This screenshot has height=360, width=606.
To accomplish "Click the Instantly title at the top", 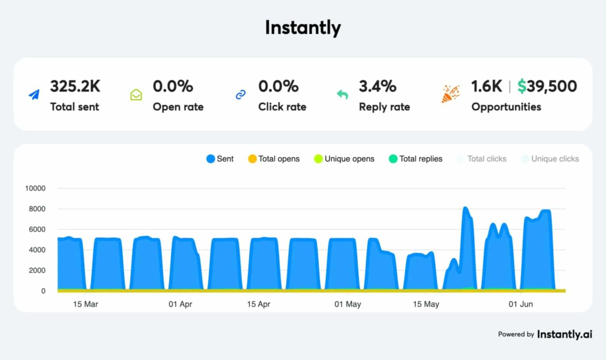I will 303,28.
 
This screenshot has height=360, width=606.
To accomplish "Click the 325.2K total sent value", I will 75,86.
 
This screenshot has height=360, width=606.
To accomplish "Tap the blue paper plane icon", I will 34,95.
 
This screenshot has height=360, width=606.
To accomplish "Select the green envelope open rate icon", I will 136,95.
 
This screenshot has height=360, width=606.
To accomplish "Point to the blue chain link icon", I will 241,95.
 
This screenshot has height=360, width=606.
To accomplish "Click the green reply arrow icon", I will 342,94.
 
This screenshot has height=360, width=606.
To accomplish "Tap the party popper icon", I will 450,94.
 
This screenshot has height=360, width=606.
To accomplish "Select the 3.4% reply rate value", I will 377,86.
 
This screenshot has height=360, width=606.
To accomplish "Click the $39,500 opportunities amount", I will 547,86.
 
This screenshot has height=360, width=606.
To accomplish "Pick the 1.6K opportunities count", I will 486,86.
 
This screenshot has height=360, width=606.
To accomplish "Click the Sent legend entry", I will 220,159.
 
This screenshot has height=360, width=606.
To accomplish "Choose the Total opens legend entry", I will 274,159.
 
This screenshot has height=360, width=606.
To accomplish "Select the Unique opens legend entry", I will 344,159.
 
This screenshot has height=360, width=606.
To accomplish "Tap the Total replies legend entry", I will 416,159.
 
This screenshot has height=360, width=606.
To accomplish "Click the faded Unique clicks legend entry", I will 550,159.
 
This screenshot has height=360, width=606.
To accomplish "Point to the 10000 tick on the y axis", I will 35,188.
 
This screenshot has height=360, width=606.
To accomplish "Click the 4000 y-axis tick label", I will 37,250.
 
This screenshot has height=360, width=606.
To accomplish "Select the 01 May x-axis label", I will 348,304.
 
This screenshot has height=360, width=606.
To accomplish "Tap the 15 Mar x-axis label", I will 86,304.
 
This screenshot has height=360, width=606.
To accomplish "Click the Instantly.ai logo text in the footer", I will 564,334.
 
